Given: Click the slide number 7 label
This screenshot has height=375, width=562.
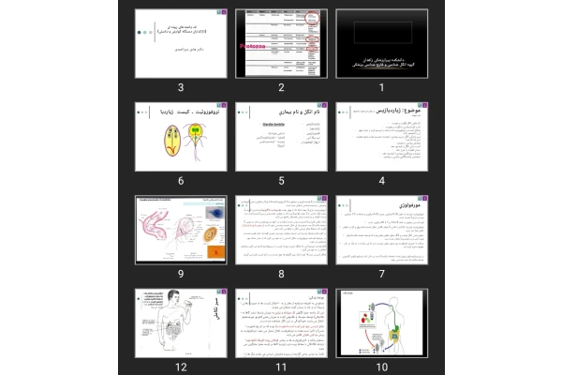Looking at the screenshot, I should point(381,274).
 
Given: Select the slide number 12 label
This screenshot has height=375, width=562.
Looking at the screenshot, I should point(181,367).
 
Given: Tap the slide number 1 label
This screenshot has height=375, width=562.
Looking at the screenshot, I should point(381,87).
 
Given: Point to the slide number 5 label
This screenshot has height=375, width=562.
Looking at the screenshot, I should point(281,181).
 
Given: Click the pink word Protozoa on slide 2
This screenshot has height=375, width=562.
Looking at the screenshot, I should point(256,43).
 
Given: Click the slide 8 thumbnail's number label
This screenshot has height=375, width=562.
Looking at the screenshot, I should point(281,274).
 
